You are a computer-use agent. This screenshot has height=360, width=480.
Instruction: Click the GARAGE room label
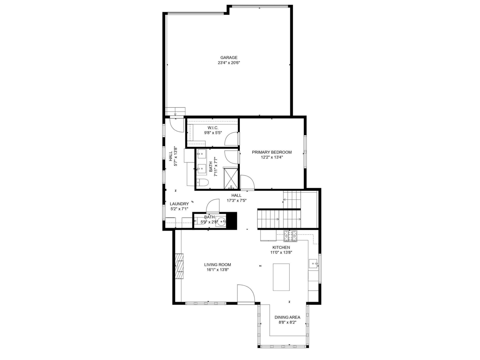click(x=229, y=58)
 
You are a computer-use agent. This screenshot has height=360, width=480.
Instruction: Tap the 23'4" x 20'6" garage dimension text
click(x=229, y=63)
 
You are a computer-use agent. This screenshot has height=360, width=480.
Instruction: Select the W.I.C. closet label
click(x=213, y=128)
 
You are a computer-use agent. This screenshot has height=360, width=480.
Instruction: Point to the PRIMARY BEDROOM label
click(x=272, y=152)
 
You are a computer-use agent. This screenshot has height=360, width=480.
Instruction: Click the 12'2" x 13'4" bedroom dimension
click(x=272, y=157)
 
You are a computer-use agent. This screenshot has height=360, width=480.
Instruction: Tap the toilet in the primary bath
click(x=202, y=182)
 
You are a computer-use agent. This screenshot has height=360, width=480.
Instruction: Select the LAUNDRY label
click(x=179, y=204)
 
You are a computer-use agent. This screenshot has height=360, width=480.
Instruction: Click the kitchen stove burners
click(x=291, y=236)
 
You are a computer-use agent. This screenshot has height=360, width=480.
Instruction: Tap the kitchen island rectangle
click(x=281, y=277)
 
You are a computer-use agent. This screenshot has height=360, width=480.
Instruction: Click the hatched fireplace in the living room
click(x=179, y=266)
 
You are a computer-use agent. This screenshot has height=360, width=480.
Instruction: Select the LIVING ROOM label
click(x=218, y=265)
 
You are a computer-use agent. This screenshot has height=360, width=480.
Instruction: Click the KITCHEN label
click(x=281, y=247)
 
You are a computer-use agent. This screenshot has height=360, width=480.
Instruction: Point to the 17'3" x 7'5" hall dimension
click(x=236, y=201)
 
